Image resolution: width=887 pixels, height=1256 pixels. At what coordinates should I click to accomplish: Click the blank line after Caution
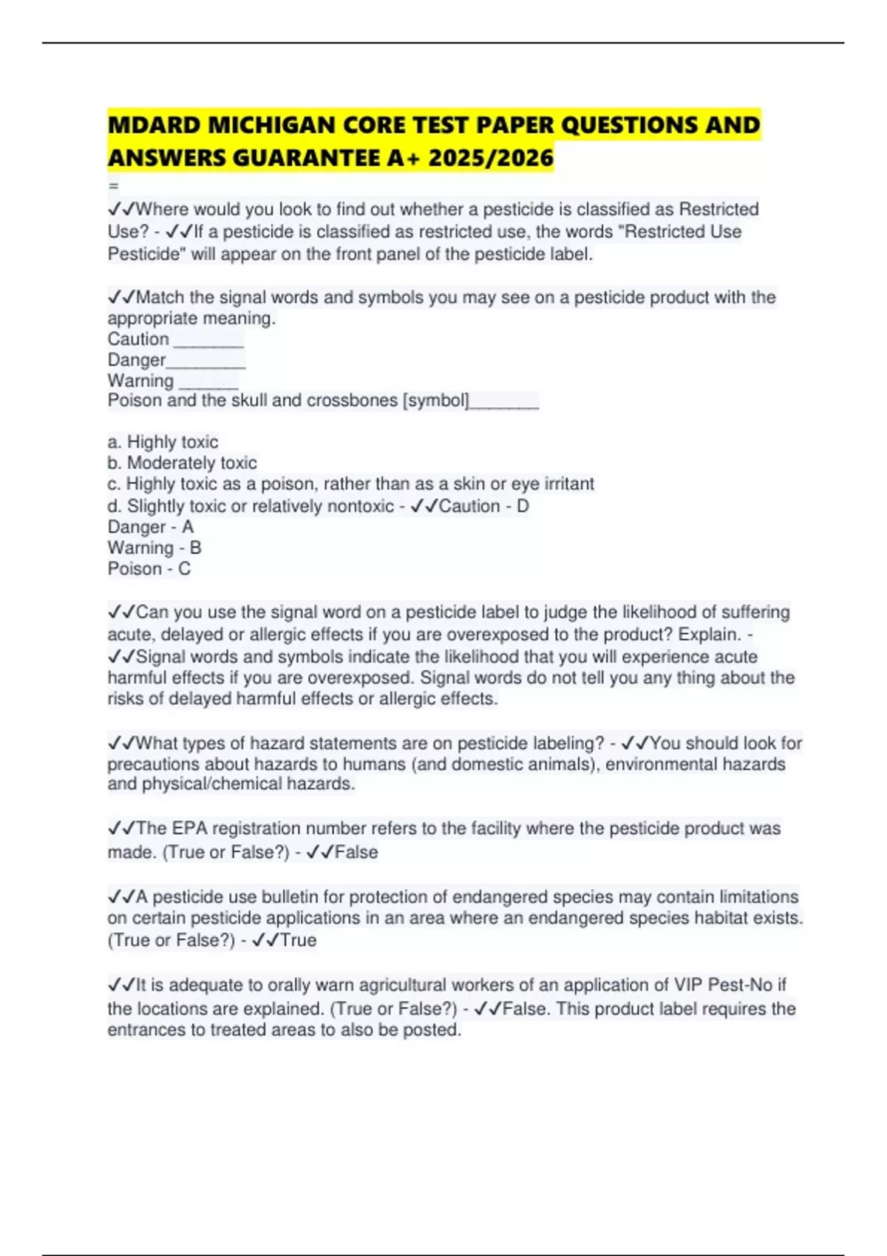(208, 341)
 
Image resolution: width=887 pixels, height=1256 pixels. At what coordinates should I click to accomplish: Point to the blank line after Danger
(206, 362)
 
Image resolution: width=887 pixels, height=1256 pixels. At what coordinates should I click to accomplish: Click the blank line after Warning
(208, 383)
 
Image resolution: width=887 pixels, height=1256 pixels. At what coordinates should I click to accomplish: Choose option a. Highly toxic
(163, 442)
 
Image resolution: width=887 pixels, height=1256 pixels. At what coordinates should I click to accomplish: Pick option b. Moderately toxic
(182, 463)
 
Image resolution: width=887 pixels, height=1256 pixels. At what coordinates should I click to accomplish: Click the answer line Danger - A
(150, 527)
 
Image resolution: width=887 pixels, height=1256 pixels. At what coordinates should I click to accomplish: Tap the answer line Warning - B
(154, 547)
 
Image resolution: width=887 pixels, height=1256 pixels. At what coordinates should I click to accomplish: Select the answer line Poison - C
(149, 568)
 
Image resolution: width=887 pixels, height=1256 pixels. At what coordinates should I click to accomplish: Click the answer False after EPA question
(356, 852)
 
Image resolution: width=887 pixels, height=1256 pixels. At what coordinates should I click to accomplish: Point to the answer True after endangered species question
(299, 940)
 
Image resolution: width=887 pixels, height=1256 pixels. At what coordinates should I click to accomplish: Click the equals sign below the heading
(113, 185)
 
